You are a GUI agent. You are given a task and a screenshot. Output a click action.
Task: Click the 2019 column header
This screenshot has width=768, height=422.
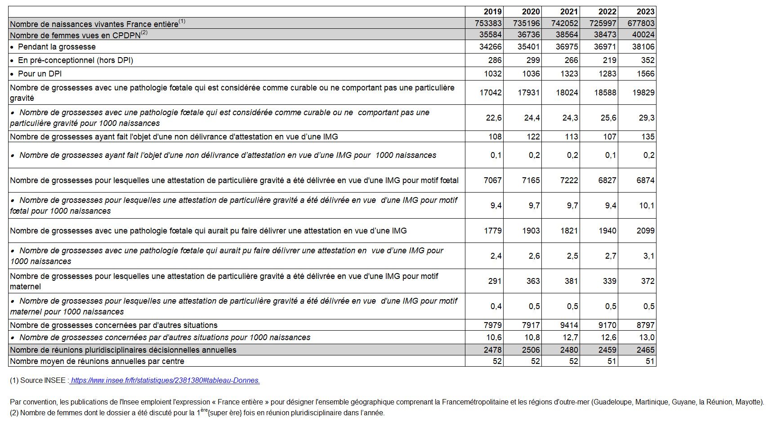point(492,12)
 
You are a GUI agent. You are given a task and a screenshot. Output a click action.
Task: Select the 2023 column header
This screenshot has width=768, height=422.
point(645,12)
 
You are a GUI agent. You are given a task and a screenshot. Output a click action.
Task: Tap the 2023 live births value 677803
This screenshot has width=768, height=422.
point(641,23)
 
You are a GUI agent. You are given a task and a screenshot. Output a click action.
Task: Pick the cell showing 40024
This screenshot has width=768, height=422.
point(643,35)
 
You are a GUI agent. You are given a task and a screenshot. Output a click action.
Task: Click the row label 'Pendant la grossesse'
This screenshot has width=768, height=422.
point(57,47)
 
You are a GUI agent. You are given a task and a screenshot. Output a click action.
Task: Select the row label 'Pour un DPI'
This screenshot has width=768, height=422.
point(40,74)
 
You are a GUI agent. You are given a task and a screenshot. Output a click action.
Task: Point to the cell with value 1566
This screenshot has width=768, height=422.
point(646,74)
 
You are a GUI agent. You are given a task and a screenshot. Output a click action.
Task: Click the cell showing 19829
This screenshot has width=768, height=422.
point(643,93)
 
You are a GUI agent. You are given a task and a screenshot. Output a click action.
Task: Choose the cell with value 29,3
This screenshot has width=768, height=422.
point(646,118)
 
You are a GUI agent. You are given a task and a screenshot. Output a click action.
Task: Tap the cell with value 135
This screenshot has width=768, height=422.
point(648,137)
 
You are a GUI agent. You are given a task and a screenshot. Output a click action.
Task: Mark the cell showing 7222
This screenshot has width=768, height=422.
point(569,180)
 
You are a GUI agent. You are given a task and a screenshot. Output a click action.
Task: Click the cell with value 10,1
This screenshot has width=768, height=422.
point(646,206)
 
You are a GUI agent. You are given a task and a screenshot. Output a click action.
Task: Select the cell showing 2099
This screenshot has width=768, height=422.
point(646,231)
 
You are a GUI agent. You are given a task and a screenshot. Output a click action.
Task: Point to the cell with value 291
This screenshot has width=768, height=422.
point(495,281)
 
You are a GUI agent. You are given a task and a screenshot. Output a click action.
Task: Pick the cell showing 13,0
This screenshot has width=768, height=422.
point(647,337)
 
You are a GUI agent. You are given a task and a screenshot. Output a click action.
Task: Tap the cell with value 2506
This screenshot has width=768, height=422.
point(531,350)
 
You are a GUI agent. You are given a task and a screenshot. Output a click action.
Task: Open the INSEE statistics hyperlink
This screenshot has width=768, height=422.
point(165,381)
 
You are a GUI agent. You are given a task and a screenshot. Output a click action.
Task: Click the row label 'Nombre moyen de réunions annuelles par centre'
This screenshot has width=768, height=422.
point(97,361)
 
